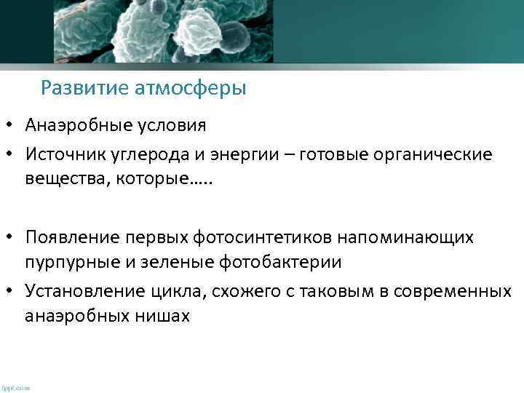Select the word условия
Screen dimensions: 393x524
171,125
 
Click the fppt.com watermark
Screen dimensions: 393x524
15,388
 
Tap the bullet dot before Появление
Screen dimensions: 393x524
12,238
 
